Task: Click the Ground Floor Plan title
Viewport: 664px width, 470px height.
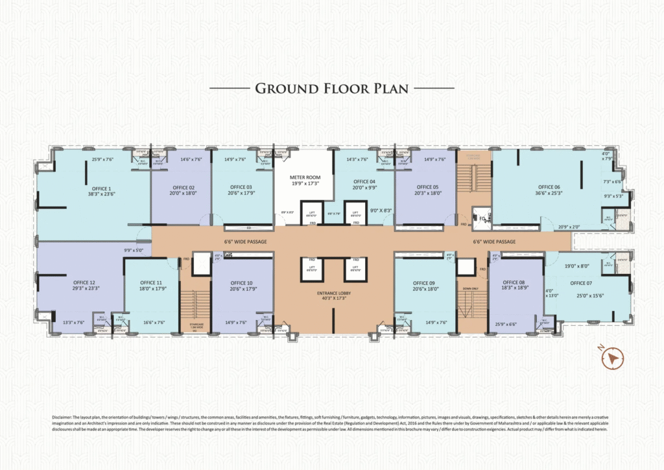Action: point(331,88)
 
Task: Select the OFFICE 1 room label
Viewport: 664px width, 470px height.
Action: point(102,188)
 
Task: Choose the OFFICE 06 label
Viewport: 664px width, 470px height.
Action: point(548,186)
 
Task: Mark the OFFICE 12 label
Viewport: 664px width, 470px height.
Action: point(84,282)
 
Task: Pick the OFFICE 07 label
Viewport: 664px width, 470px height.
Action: point(581,283)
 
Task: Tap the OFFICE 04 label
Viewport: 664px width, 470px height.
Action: point(364,181)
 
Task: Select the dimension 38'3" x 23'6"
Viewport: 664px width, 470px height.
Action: point(102,193)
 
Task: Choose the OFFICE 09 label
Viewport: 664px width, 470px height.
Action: point(423,282)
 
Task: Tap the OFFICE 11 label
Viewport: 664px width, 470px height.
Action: point(150,282)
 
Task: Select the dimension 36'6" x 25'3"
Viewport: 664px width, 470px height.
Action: point(548,193)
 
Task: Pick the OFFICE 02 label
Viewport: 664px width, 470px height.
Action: point(182,187)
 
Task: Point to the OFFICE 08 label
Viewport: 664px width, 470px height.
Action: point(514,282)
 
